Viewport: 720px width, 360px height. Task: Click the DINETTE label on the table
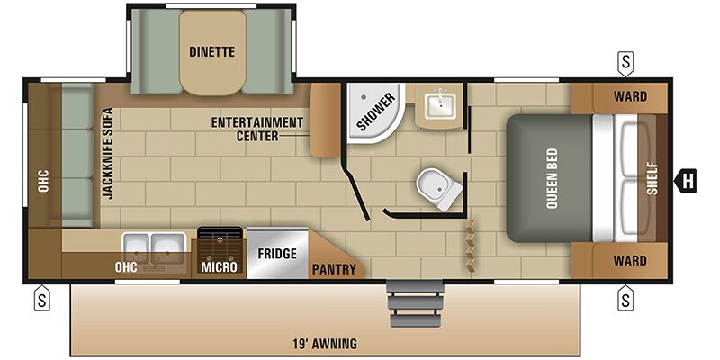(212, 52)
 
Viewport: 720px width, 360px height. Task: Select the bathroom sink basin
(440, 105)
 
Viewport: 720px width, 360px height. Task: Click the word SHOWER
(375, 112)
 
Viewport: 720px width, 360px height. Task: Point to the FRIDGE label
(277, 254)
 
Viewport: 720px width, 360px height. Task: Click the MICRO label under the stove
(219, 266)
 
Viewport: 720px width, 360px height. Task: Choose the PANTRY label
(334, 269)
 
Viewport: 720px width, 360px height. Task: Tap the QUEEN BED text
(552, 178)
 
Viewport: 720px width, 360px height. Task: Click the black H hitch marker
(686, 181)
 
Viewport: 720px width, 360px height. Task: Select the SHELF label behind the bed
(652, 178)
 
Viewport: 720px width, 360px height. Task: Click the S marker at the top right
(625, 63)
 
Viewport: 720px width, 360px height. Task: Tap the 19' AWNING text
(325, 343)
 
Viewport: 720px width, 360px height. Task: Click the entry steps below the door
(417, 303)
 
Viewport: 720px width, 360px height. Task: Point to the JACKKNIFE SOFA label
(107, 153)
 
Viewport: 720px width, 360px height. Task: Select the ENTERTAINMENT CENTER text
(257, 129)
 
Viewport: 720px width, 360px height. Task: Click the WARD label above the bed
(630, 97)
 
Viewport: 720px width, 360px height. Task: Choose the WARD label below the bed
(630, 261)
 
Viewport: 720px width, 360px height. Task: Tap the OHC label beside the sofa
(43, 182)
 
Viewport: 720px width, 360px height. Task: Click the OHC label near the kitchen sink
(126, 267)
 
